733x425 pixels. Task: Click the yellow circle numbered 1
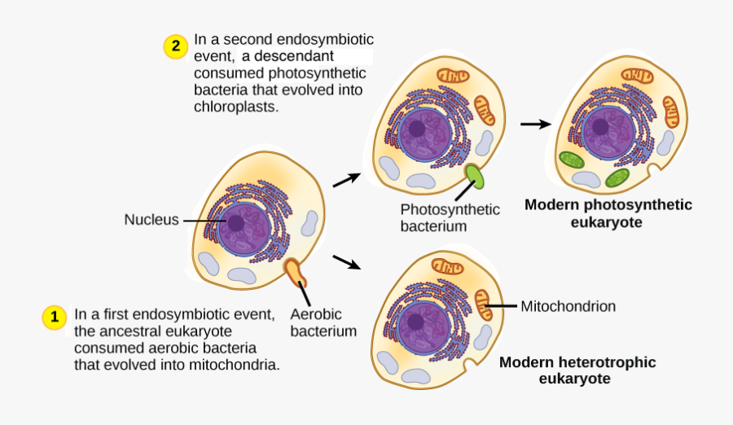54,318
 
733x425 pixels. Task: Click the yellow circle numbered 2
175,46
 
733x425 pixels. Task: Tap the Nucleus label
151,220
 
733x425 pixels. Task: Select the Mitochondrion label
568,306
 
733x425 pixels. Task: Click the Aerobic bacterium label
323,322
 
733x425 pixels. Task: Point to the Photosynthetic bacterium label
450,217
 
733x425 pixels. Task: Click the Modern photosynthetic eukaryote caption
608,212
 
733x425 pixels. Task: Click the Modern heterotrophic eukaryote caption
577,370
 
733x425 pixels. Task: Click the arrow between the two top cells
534,124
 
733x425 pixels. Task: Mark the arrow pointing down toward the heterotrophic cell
346,262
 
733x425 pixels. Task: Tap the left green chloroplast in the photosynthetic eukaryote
570,160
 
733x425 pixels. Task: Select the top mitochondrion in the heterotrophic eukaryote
446,266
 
